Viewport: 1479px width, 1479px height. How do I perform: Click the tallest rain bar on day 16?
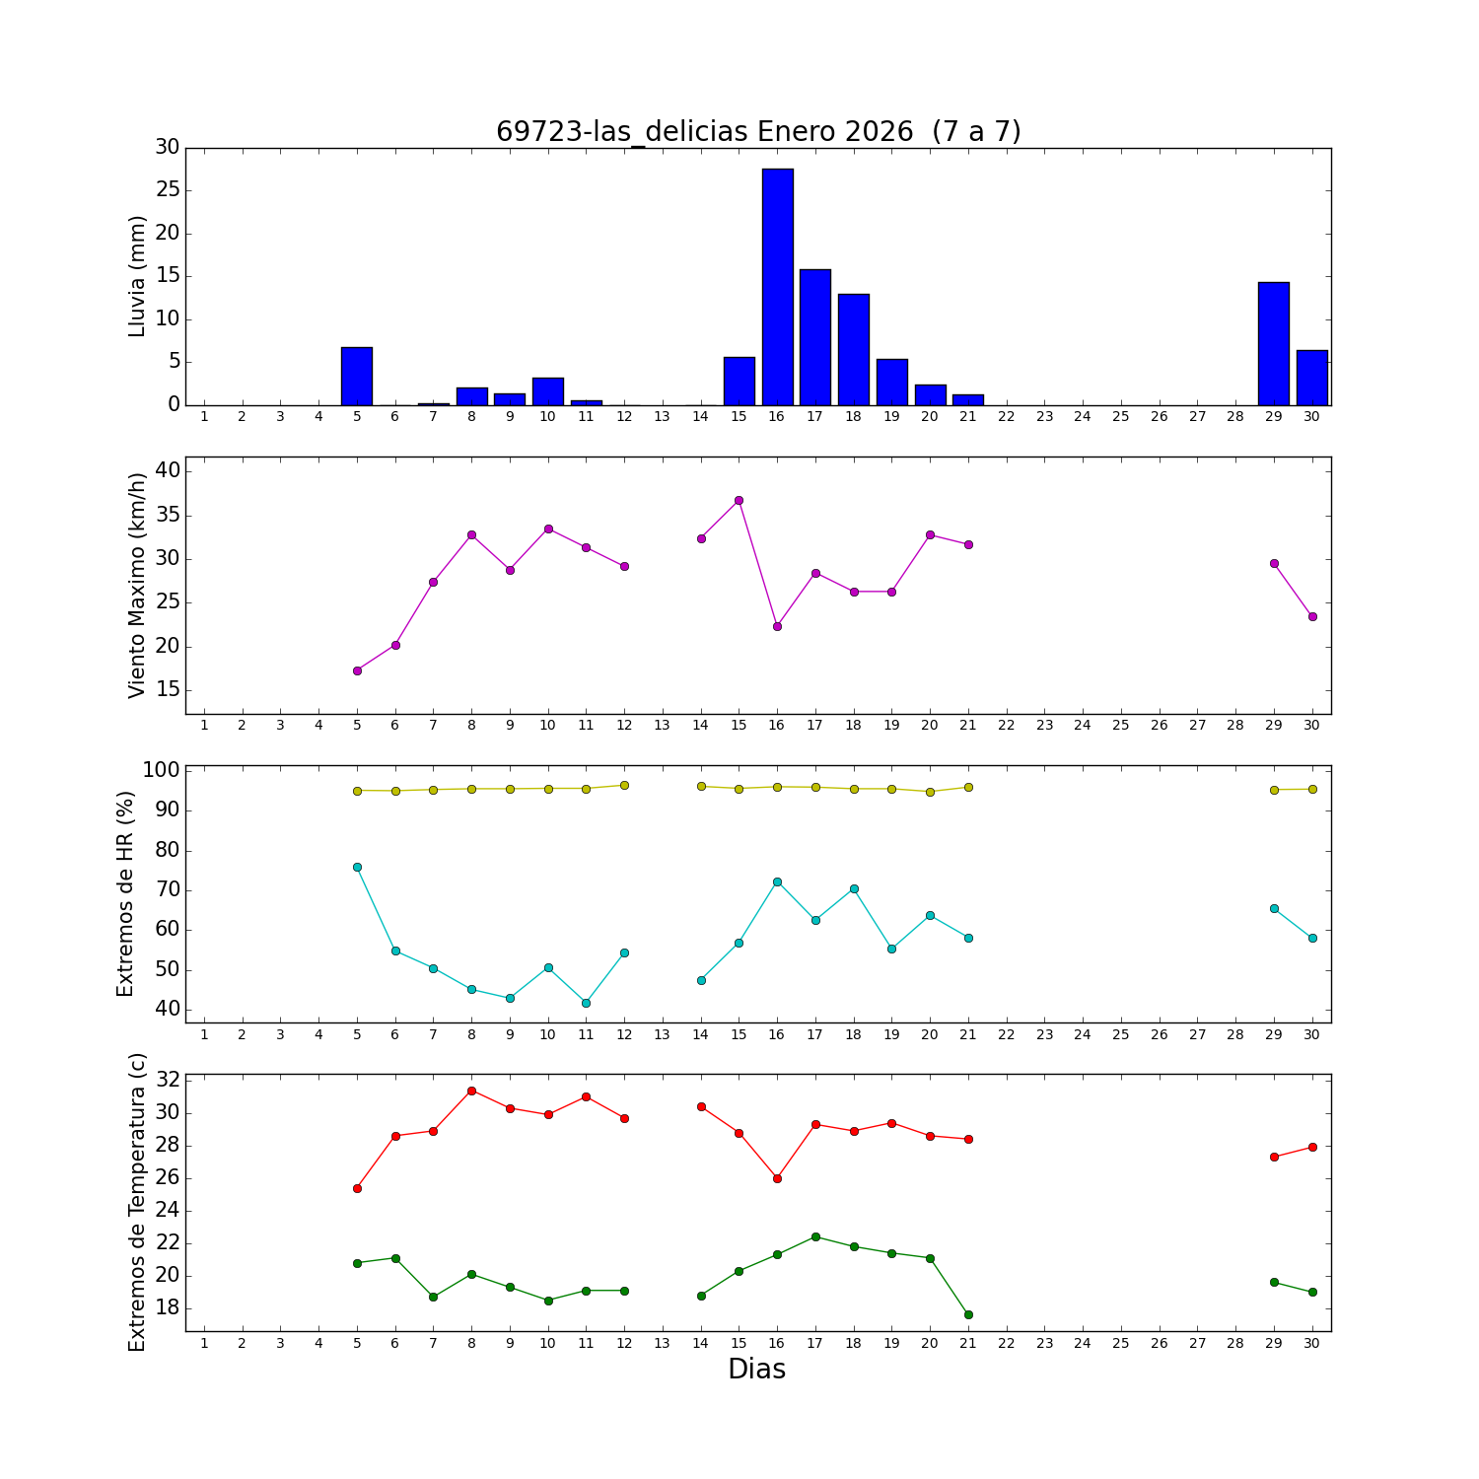pyautogui.click(x=777, y=286)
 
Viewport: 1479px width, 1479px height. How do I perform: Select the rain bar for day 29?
pyautogui.click(x=1274, y=343)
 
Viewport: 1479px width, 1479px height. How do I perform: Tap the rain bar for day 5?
pyautogui.click(x=357, y=376)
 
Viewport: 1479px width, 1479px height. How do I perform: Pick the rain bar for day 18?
pyautogui.click(x=854, y=349)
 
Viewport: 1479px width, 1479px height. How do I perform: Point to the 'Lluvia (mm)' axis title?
pyautogui.click(x=137, y=276)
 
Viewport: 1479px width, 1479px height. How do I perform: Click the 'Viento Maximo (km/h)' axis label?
pyautogui.click(x=137, y=585)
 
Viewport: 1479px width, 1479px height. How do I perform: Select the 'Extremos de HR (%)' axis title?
pyautogui.click(x=125, y=893)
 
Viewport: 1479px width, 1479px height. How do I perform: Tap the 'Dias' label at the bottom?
pyautogui.click(x=756, y=1369)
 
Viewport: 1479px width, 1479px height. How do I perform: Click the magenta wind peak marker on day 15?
pyautogui.click(x=739, y=500)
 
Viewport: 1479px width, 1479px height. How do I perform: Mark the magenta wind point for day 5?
pyautogui.click(x=357, y=670)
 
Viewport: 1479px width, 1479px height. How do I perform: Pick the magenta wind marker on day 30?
pyautogui.click(x=1312, y=616)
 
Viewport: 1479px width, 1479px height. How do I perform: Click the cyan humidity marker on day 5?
pyautogui.click(x=357, y=867)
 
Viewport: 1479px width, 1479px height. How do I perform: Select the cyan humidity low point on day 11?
pyautogui.click(x=586, y=1003)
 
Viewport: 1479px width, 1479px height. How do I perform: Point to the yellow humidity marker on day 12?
pyautogui.click(x=624, y=785)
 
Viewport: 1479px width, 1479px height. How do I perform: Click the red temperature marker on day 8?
pyautogui.click(x=471, y=1091)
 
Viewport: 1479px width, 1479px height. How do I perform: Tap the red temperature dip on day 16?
pyautogui.click(x=777, y=1178)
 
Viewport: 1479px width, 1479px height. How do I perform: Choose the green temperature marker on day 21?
pyautogui.click(x=968, y=1314)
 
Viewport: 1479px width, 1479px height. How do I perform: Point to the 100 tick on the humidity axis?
pyautogui.click(x=162, y=770)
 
